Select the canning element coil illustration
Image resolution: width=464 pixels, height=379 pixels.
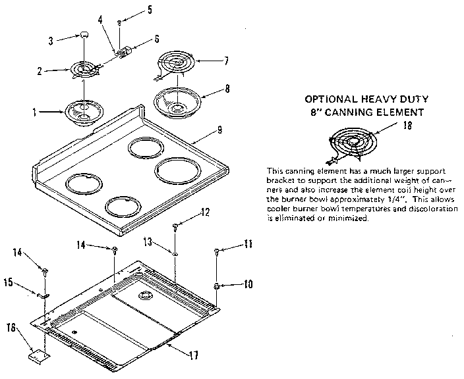[x=350, y=144]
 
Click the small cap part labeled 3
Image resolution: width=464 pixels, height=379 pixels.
[x=85, y=35]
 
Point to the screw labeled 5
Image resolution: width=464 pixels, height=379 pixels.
[x=119, y=22]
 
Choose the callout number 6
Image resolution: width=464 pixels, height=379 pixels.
[x=157, y=39]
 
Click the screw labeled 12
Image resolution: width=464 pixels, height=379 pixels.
[x=175, y=226]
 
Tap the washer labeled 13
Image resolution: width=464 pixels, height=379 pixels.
[x=175, y=252]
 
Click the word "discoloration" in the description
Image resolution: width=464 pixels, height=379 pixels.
[x=432, y=208]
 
